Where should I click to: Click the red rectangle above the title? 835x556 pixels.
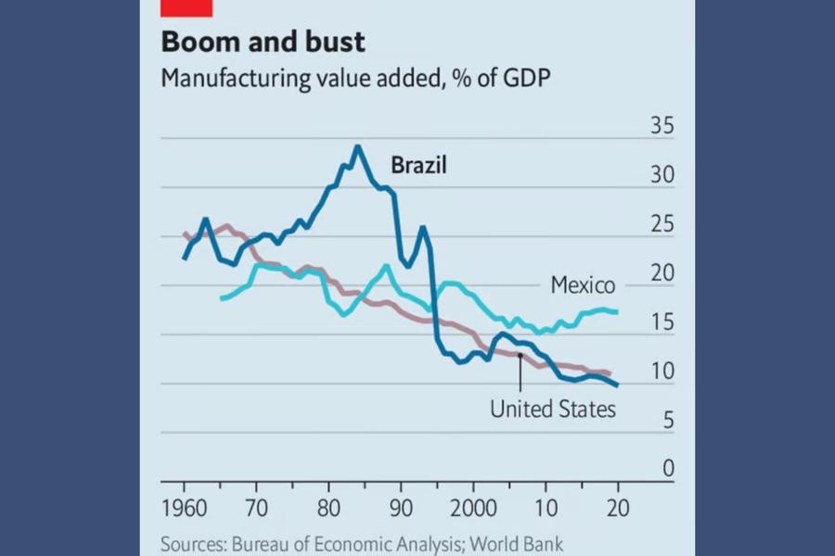(186, 7)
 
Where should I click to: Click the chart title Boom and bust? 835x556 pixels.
(263, 43)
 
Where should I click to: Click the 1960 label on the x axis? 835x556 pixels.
(184, 510)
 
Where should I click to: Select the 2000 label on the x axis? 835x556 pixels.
(473, 510)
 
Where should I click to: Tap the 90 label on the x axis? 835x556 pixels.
(402, 510)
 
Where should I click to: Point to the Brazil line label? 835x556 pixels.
(418, 166)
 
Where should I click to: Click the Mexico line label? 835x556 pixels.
(583, 285)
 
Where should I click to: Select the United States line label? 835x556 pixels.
(553, 408)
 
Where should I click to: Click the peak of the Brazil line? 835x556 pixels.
(357, 146)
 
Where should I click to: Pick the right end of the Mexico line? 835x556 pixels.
(617, 312)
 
